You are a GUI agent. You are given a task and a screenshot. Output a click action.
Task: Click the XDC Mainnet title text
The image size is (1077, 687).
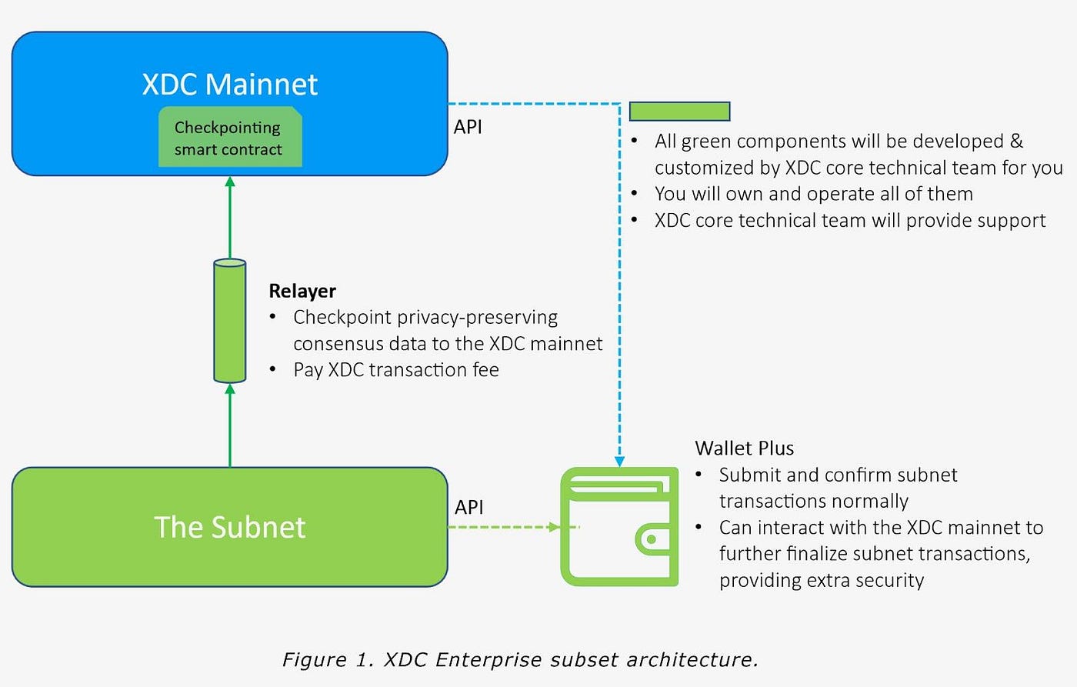[229, 84]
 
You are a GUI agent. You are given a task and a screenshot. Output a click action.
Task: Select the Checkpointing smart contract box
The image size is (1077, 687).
[229, 138]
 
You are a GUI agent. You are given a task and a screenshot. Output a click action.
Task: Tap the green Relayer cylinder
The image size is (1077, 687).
[229, 321]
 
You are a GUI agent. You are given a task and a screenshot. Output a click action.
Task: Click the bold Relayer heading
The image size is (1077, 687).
[302, 291]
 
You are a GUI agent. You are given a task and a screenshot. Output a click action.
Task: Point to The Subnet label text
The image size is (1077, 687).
[229, 528]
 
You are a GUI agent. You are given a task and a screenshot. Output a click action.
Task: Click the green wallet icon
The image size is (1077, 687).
[619, 527]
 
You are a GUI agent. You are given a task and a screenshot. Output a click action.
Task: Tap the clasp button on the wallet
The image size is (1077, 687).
[652, 539]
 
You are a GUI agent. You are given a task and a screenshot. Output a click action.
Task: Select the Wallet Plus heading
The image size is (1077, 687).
[744, 448]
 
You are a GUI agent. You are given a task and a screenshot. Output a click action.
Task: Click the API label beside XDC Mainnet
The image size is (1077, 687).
[468, 127]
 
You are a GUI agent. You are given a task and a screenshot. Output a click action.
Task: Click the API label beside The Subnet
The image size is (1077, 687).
[469, 507]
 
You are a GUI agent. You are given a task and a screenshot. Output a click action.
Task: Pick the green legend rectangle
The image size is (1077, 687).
[679, 112]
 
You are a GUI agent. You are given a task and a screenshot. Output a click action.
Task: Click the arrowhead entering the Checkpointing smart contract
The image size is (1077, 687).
[229, 182]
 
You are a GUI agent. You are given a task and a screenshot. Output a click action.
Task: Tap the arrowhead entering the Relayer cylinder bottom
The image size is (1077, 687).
[229, 389]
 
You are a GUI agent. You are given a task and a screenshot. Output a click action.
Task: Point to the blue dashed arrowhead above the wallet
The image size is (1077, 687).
[619, 462]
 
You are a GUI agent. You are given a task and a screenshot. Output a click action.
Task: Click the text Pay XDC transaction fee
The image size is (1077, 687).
[395, 370]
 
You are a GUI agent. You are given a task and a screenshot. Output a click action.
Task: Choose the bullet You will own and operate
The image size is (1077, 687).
[813, 194]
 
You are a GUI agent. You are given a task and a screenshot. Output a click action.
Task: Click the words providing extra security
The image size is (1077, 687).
[821, 580]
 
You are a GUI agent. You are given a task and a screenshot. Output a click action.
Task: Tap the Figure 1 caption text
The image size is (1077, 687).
[520, 659]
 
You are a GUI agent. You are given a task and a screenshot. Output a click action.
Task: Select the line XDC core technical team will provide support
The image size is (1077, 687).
[849, 221]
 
